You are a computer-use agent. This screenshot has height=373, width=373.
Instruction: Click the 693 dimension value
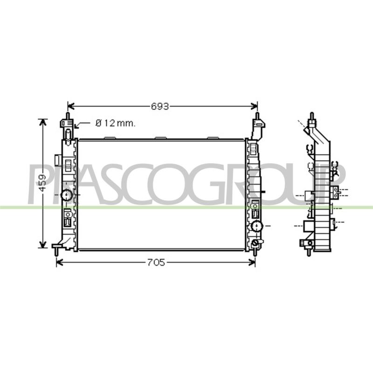tap(160, 106)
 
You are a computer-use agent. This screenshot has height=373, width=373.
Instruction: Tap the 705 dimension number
tap(156, 262)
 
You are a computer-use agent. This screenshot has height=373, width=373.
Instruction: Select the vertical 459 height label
tap(42, 183)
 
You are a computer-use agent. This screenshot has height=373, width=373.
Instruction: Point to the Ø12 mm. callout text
tap(115, 123)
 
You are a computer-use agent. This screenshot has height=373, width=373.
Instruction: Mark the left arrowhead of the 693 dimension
tap(71, 106)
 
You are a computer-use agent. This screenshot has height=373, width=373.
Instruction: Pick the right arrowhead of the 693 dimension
tap(254, 106)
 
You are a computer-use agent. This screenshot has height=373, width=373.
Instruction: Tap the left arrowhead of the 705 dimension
tap(60, 262)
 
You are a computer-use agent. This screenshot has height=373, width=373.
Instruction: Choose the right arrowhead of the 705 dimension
tap(252, 262)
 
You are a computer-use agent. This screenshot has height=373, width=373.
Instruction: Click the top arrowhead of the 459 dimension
tap(42, 122)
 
